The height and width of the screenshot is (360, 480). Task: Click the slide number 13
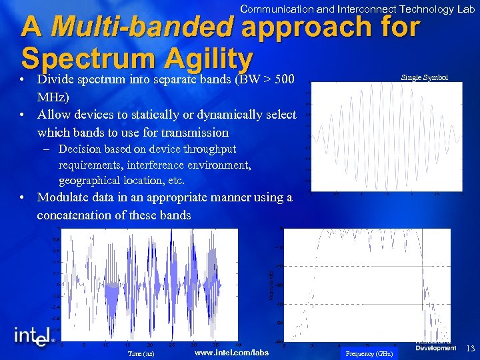[x=469, y=348]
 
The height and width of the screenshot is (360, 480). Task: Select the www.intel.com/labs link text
[x=231, y=353]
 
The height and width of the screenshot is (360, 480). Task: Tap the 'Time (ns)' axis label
[x=141, y=353]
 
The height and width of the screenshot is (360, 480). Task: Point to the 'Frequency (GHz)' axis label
[x=369, y=353]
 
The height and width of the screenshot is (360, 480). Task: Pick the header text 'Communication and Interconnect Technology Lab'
[x=357, y=9]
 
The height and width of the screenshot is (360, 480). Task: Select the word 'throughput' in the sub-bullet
[x=209, y=149]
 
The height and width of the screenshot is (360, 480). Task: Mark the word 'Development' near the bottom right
[x=435, y=348]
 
